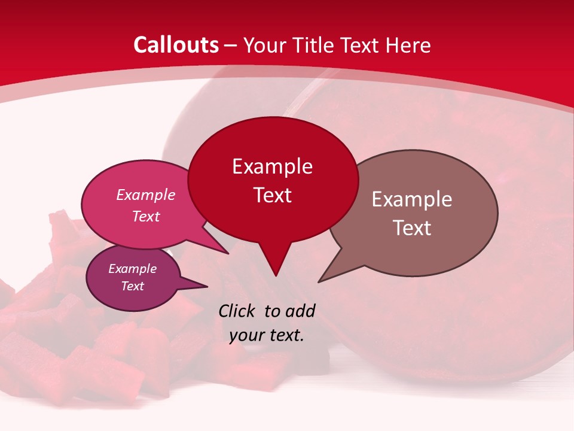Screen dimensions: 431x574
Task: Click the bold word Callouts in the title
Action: click(x=176, y=45)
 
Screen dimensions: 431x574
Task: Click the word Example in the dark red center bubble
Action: click(x=272, y=166)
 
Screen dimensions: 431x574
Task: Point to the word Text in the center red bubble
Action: click(x=272, y=195)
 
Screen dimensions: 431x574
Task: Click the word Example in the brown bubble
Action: click(x=411, y=199)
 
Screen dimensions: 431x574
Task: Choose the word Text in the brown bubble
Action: click(x=411, y=228)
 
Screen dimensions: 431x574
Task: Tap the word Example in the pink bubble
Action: click(x=145, y=195)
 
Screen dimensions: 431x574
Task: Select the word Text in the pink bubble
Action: click(x=145, y=216)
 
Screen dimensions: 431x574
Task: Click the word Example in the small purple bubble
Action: click(x=132, y=269)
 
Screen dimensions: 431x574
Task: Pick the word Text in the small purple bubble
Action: click(x=132, y=286)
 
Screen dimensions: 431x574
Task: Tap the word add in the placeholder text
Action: click(x=300, y=311)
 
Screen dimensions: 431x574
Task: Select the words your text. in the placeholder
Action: click(x=267, y=335)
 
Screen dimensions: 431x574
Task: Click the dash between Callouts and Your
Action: click(x=231, y=45)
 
